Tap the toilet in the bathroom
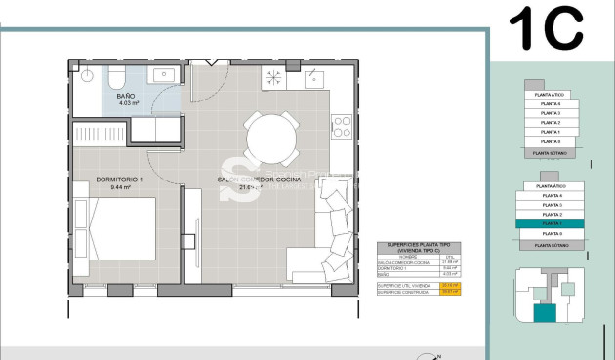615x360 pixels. point(115,75)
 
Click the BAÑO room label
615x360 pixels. point(126,97)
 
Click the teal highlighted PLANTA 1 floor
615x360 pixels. point(552,223)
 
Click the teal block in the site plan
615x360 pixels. point(542,313)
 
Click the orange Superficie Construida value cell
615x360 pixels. point(450,291)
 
